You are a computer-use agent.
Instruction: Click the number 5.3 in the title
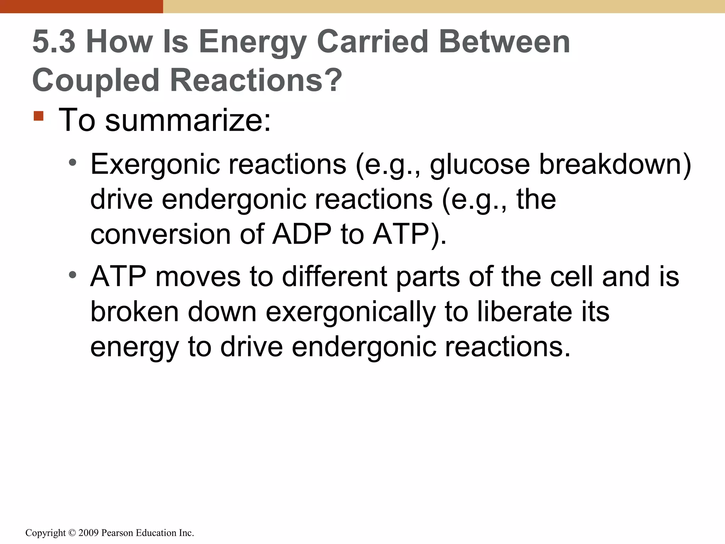(54, 42)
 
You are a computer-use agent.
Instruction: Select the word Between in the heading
(504, 42)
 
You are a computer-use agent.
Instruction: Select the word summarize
(188, 120)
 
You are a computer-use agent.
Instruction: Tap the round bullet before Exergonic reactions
(73, 163)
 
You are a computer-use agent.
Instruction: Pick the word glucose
(480, 165)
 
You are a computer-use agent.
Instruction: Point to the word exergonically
(350, 312)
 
